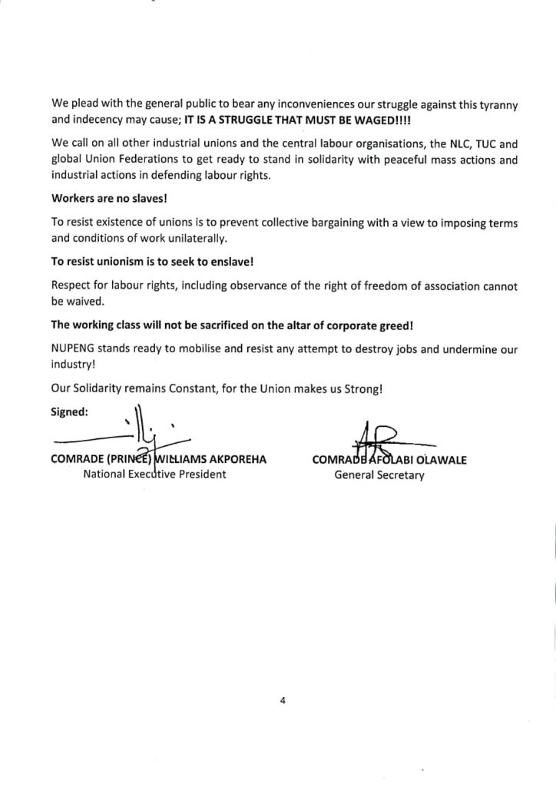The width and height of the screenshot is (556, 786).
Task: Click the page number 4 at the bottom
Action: (x=283, y=699)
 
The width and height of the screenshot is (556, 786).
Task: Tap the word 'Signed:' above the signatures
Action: (x=69, y=411)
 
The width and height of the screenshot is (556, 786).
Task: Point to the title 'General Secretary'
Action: (x=379, y=475)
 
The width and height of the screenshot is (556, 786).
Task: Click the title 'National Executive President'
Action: (x=154, y=474)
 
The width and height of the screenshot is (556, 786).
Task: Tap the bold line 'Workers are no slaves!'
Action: (x=103, y=198)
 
